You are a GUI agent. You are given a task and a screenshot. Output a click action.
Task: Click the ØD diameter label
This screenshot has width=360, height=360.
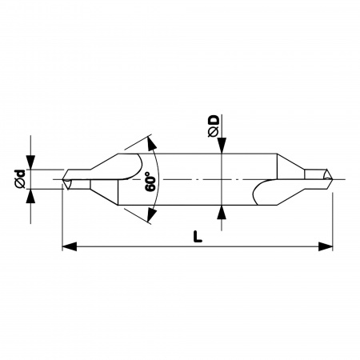point(214,126)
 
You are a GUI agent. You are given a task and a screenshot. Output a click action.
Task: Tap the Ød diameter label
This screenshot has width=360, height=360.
point(20,179)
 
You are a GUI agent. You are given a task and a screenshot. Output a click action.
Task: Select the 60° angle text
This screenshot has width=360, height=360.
point(150,182)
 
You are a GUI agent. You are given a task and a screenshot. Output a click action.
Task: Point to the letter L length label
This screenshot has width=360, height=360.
point(198,237)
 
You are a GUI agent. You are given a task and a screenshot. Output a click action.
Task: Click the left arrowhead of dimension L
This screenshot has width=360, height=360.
point(70,246)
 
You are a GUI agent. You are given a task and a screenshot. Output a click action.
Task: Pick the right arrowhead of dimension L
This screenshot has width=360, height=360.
point(326,246)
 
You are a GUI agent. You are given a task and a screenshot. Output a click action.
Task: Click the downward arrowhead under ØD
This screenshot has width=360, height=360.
point(222,146)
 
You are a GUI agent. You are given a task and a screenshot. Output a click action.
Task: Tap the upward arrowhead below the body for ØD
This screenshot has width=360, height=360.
point(222,213)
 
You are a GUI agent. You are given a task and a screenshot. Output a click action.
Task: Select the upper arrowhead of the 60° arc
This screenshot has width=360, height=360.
point(151,144)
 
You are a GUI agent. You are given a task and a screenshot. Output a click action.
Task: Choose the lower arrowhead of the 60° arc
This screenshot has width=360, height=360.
point(151,214)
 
